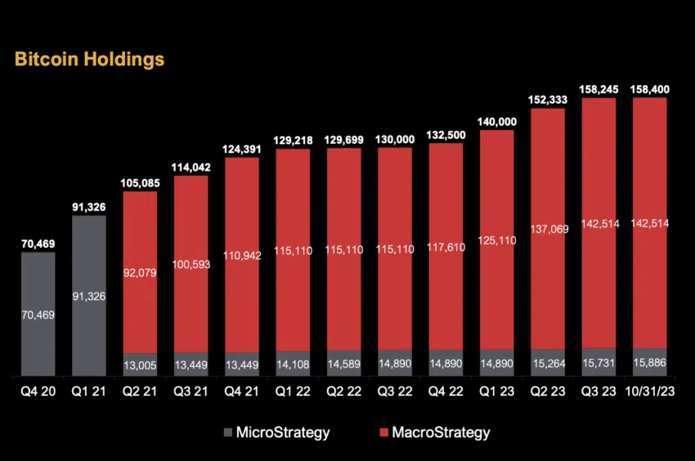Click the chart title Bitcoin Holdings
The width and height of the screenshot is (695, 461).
[89, 60]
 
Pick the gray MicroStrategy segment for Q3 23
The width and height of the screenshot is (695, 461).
[599, 362]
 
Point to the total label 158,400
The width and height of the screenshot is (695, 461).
[650, 87]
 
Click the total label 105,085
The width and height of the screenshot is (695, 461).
[140, 181]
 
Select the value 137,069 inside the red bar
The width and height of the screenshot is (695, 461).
[548, 227]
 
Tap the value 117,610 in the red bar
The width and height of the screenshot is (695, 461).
[446, 247]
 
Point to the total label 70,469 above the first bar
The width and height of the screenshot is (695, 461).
[38, 242]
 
